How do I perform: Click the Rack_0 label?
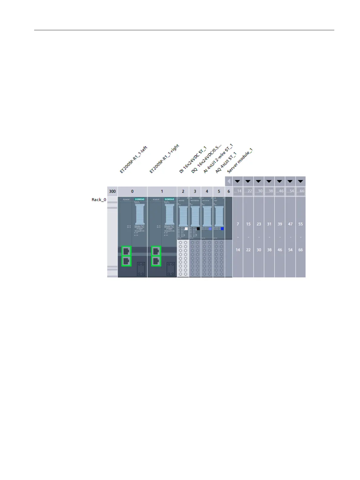(99, 200)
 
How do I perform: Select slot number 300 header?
(112, 191)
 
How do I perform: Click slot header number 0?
(132, 191)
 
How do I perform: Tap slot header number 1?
(162, 191)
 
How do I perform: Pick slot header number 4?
(207, 191)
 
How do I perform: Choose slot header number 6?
(229, 191)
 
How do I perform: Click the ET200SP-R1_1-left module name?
(133, 160)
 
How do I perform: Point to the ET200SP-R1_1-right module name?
(164, 159)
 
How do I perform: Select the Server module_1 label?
(239, 161)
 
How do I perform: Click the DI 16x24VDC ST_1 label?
(193, 160)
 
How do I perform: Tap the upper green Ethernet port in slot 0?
(126, 251)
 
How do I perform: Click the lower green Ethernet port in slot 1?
(156, 261)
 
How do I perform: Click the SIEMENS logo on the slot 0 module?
(140, 199)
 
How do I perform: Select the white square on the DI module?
(186, 229)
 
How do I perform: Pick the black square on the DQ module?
(198, 229)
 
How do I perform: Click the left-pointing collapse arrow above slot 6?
(229, 181)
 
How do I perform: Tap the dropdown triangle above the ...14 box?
(238, 181)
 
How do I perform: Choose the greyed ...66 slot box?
(300, 191)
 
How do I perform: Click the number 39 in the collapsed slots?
(280, 224)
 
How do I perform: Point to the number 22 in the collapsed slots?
(248, 250)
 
